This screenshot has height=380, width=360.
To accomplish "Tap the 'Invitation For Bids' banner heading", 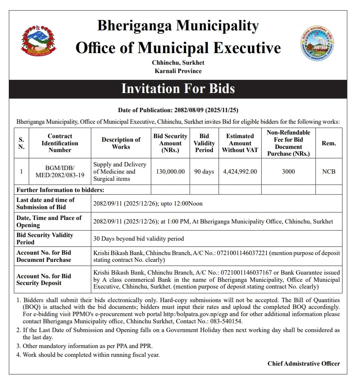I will (178, 88).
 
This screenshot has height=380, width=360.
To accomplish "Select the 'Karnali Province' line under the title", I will (178, 71).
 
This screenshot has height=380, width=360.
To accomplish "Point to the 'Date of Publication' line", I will (178, 110).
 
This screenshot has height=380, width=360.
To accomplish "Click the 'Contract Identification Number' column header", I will (60, 143).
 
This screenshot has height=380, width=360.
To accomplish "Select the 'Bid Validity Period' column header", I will (204, 143).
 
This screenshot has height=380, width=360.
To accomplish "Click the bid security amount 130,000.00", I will (170, 172).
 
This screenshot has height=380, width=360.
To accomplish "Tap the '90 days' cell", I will (204, 172).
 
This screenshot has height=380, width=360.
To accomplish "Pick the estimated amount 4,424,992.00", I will (240, 172).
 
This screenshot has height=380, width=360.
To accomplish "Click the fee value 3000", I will (288, 172).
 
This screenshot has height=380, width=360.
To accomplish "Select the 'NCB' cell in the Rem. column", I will (329, 172).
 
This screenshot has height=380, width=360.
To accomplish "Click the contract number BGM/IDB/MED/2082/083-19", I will (60, 172).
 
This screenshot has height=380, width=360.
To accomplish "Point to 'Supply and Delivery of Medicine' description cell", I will (120, 172).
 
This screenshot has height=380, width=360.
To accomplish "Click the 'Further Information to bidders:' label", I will (60, 190).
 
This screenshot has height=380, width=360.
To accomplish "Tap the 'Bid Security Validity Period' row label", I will (45, 238).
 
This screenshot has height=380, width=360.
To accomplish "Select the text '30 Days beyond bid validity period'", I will (139, 239).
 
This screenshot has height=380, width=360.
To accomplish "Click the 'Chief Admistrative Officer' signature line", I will (304, 363).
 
